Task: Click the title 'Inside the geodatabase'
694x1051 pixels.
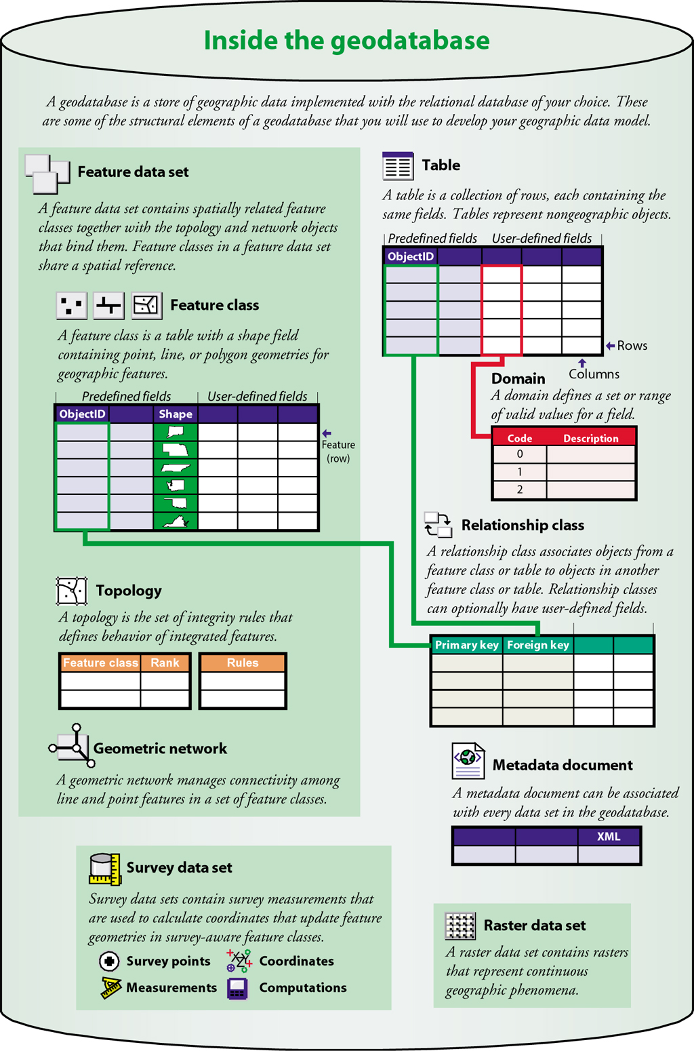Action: [346, 41]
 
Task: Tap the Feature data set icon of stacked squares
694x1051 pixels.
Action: [47, 173]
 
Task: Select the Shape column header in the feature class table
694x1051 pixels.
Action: [176, 414]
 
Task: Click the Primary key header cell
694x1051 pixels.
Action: [466, 645]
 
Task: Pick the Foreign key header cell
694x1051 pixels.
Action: [538, 645]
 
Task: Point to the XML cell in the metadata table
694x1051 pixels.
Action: [609, 837]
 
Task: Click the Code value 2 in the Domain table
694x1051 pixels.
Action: [520, 490]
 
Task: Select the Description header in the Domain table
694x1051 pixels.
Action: [590, 438]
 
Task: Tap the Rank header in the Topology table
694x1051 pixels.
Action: [165, 662]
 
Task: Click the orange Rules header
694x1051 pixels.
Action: [243, 662]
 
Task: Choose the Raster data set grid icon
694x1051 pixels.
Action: [460, 926]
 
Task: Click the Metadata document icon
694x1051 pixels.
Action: [468, 761]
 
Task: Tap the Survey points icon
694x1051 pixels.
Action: [109, 961]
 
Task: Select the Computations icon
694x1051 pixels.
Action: [237, 989]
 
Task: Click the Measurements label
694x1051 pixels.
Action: [171, 988]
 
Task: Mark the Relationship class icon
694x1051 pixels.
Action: [438, 525]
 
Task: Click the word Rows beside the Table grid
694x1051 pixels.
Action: [632, 346]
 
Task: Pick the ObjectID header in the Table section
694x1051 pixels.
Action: [411, 256]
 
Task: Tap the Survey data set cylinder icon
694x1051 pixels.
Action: [104, 869]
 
